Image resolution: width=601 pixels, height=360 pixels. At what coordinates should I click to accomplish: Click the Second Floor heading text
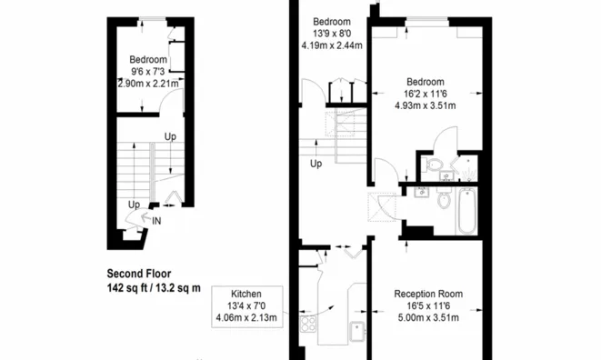(x=139, y=274)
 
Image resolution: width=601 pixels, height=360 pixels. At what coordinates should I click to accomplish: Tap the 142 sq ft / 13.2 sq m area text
(x=154, y=288)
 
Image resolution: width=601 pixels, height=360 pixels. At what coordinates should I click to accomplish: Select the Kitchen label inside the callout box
(x=246, y=294)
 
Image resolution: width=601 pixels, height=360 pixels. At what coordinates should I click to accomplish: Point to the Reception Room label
(x=428, y=294)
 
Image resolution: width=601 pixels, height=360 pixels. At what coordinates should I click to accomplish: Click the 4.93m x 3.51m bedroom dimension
(x=426, y=105)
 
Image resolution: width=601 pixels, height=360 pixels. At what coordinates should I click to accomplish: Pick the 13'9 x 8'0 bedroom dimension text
(x=332, y=34)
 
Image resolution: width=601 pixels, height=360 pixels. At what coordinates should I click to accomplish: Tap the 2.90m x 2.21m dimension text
(x=148, y=84)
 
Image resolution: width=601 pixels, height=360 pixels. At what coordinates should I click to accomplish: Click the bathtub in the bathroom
(x=466, y=211)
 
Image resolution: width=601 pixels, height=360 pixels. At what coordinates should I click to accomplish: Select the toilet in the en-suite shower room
(x=433, y=165)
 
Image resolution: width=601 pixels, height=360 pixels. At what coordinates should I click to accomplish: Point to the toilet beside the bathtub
(x=444, y=197)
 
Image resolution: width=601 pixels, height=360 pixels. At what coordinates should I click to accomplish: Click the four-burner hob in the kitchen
(x=308, y=324)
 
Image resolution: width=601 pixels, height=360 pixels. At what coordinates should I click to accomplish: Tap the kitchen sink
(x=357, y=332)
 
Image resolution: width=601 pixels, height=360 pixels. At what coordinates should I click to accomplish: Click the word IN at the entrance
(x=156, y=221)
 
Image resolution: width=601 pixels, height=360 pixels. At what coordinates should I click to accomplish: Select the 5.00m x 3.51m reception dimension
(x=428, y=318)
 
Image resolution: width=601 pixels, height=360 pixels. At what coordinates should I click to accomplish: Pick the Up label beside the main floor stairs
(x=316, y=164)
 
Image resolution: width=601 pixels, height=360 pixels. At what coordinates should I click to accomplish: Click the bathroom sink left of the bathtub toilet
(x=422, y=192)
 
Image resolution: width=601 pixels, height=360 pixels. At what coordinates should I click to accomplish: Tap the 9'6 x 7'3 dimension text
(x=148, y=72)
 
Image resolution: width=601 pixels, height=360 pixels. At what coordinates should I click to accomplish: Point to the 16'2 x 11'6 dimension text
(x=426, y=94)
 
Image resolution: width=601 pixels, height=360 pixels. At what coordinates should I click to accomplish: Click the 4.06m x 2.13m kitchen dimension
(x=246, y=318)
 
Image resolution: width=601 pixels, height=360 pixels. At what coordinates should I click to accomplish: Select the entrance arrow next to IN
(x=145, y=218)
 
